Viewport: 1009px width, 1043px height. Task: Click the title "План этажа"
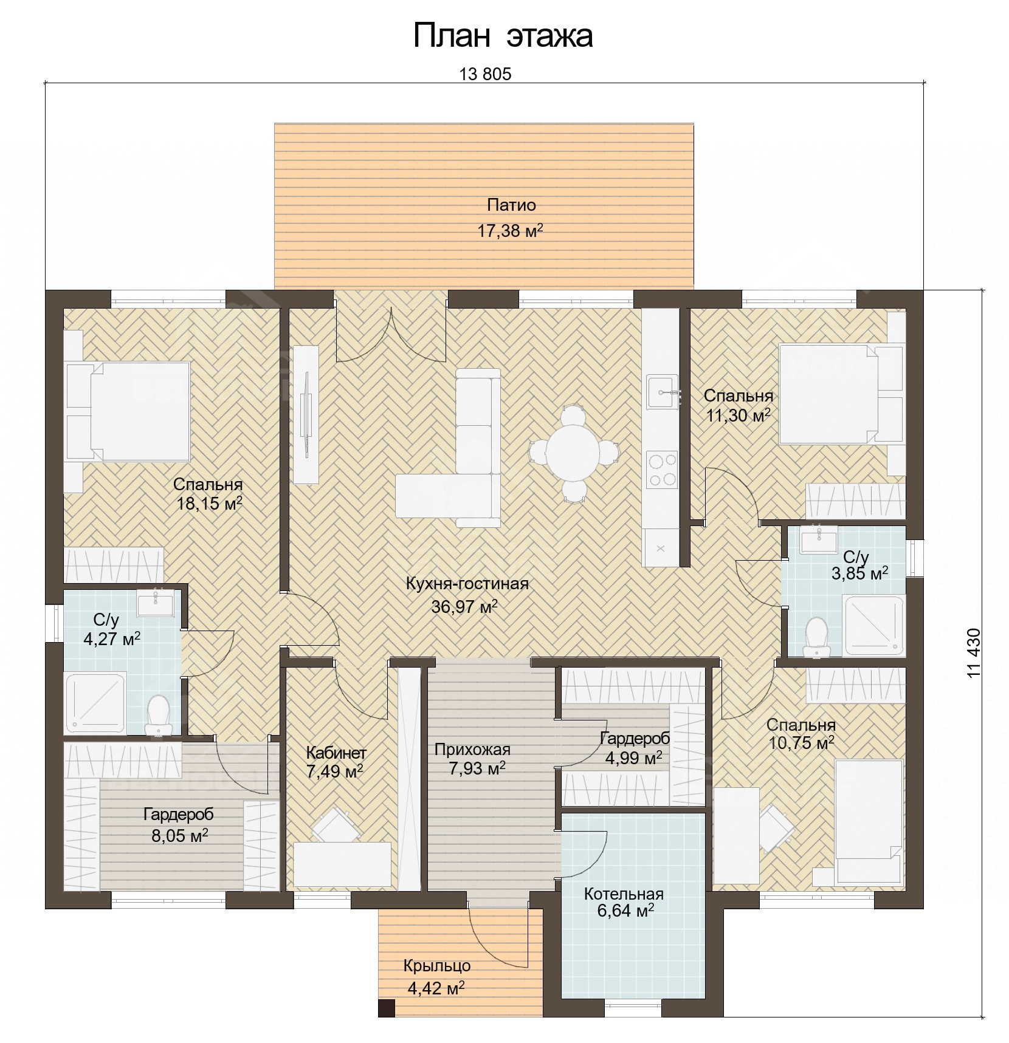pyautogui.click(x=503, y=36)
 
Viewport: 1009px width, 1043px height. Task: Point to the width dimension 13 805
pyautogui.click(x=486, y=74)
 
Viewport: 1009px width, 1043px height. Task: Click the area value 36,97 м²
pyautogui.click(x=464, y=606)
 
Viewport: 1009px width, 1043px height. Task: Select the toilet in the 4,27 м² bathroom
pyautogui.click(x=159, y=714)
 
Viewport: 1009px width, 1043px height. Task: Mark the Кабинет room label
pyautogui.click(x=336, y=753)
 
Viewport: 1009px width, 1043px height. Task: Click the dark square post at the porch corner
pyautogui.click(x=386, y=1008)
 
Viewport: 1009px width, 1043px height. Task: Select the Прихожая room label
pyautogui.click(x=472, y=750)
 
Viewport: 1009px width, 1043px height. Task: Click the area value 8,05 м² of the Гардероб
pyautogui.click(x=180, y=836)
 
